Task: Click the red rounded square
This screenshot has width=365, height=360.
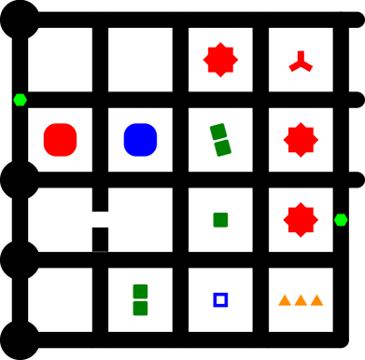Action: tap(60, 140)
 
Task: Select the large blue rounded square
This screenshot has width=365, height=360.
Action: tap(140, 140)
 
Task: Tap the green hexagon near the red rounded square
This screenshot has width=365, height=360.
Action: tap(20, 100)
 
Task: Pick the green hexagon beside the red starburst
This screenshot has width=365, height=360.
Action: tap(341, 220)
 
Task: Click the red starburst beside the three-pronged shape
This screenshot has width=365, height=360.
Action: tap(220, 60)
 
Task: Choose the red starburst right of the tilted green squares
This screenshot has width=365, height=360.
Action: tap(301, 140)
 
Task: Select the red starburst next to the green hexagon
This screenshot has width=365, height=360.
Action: tap(301, 220)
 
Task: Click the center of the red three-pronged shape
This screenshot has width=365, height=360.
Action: tap(301, 62)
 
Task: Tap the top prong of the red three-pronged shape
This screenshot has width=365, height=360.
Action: tap(301, 55)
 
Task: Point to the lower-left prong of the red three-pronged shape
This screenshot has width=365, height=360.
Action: tap(293, 67)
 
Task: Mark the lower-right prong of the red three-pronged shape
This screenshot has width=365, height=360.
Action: tap(308, 67)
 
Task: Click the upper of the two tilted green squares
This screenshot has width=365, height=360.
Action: tap(218, 132)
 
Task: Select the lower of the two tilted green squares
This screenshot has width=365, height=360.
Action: tap(222, 147)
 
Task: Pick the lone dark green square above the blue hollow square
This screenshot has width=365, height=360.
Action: tap(220, 220)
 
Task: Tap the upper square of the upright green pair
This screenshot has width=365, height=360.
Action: tap(140, 291)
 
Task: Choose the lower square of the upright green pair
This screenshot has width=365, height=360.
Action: tap(140, 308)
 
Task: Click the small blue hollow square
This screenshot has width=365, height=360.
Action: tap(220, 299)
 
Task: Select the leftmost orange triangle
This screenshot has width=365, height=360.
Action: tap(285, 300)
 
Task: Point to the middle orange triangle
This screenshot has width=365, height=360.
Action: tap(301, 300)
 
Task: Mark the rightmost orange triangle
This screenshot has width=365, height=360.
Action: tap(316, 300)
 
